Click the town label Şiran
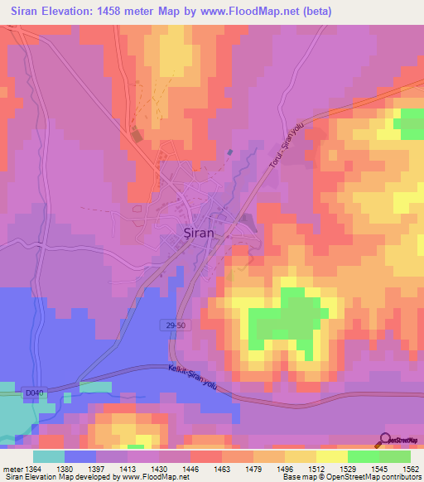pos(198,234)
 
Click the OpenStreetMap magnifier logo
pos(387,440)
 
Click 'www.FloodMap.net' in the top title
pos(294,10)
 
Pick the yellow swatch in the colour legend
pos(332,456)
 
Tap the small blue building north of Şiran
pos(229,152)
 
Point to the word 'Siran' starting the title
pos(22,10)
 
